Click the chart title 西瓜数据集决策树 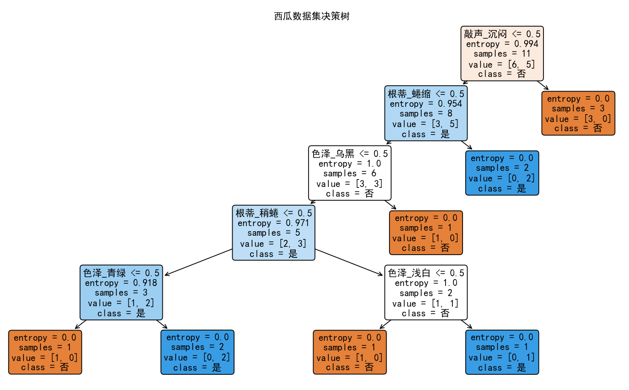(x=312, y=17)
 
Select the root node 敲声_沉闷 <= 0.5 (x=502, y=54)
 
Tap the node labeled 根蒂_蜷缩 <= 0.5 (x=426, y=113)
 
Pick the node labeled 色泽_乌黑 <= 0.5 (x=349, y=173)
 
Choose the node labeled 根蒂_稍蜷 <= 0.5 (x=274, y=233)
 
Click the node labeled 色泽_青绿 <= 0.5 (x=121, y=292)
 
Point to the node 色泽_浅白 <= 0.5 (x=426, y=292)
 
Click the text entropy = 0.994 (x=502, y=44)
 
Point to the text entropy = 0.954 (x=426, y=104)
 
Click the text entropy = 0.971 (x=274, y=223)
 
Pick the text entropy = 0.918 (x=121, y=283)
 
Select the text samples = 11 (x=502, y=54)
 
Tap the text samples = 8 (x=426, y=113)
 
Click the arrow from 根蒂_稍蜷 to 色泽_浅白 (x=349, y=262)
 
